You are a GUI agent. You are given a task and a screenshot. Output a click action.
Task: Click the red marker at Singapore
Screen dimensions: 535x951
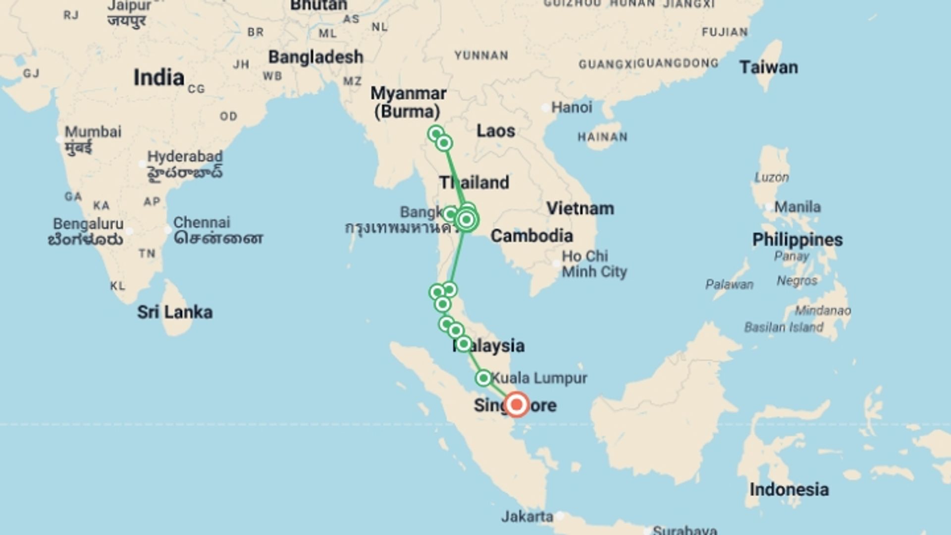(517, 404)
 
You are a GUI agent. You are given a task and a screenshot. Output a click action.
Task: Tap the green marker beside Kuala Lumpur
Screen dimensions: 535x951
(483, 378)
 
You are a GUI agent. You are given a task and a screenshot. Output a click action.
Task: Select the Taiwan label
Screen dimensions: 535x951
(768, 67)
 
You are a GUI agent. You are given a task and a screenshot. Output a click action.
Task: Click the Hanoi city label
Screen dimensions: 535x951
(572, 107)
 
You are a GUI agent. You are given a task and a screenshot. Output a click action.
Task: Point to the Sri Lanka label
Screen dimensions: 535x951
(175, 312)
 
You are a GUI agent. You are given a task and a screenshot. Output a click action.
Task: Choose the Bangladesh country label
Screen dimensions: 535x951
(316, 57)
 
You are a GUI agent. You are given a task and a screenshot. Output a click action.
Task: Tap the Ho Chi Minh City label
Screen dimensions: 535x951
(594, 264)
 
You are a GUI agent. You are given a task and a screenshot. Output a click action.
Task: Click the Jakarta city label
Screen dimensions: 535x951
(527, 517)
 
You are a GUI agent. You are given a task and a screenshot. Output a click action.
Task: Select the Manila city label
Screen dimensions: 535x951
(797, 207)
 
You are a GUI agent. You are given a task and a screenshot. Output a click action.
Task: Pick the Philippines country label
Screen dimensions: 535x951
(797, 240)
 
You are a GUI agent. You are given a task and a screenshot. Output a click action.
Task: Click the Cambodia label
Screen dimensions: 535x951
(531, 236)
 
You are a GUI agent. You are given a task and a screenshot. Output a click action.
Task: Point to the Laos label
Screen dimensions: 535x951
(496, 131)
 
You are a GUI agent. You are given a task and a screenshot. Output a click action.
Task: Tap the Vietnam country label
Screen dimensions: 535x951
(580, 209)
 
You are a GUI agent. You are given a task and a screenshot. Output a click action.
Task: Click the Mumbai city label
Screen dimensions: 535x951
(93, 132)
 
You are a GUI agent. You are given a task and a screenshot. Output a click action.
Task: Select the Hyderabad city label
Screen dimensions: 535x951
(185, 157)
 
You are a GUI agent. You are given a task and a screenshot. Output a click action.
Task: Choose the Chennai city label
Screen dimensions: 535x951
(202, 222)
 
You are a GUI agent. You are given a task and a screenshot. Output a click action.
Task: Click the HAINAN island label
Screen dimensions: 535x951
(602, 137)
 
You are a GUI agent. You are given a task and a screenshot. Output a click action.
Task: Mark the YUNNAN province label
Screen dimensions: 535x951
(481, 55)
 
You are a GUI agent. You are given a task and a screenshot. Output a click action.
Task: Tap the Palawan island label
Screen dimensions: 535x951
(729, 285)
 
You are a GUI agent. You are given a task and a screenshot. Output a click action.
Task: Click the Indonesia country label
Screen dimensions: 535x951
(789, 489)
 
